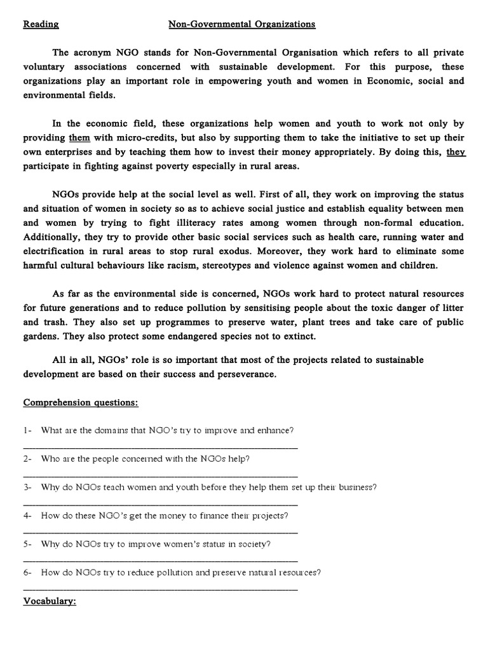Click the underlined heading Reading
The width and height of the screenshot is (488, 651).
41,25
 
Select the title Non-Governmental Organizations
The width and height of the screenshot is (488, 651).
241,25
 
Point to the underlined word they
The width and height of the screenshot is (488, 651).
456,153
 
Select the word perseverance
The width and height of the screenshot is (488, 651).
245,374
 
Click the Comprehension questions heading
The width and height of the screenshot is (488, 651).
81,402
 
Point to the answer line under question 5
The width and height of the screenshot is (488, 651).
160,560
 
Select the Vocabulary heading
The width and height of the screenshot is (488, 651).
50,601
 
